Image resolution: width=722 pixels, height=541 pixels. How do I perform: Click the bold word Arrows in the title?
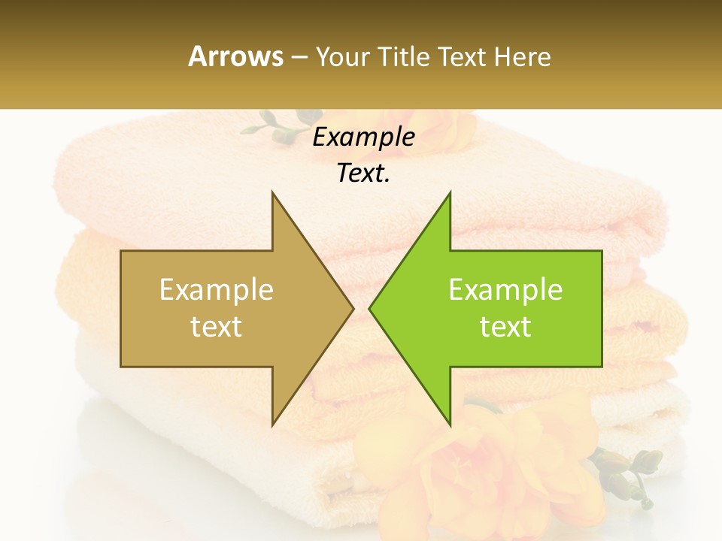(x=235, y=56)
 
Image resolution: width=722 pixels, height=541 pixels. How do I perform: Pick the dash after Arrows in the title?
(x=299, y=58)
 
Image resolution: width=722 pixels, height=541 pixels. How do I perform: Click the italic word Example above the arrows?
(x=363, y=137)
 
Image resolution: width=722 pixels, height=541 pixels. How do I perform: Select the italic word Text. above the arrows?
(x=363, y=174)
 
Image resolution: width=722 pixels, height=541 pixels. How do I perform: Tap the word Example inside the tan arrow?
(x=217, y=290)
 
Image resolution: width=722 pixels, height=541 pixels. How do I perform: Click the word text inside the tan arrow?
(x=217, y=327)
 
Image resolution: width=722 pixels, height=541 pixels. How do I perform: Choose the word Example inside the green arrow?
(x=505, y=290)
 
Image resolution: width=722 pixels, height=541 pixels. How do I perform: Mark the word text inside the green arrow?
(x=505, y=327)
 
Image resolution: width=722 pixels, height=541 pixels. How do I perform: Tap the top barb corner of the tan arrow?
(x=272, y=193)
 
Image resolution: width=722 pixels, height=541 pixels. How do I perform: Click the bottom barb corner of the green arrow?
(x=450, y=425)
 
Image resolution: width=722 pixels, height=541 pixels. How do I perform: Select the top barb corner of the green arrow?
(x=450, y=193)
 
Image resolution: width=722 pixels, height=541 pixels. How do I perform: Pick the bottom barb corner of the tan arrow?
(x=272, y=425)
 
